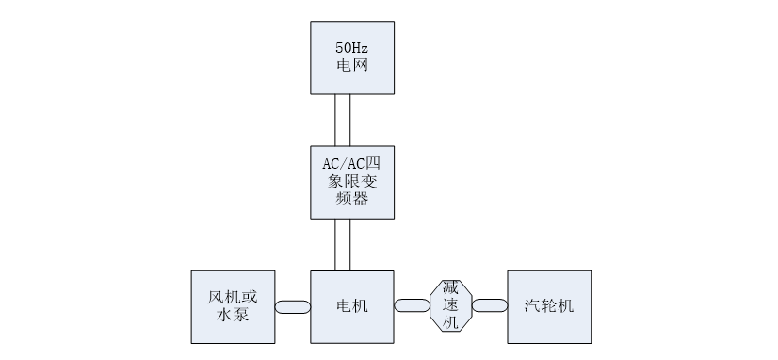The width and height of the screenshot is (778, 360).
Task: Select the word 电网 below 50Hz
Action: (351, 67)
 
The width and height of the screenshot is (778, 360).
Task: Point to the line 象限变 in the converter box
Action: (352, 181)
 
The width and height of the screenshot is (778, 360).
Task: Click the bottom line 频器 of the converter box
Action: (352, 199)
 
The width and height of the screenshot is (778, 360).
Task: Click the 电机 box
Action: (352, 306)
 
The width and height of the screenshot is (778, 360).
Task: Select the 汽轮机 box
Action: (549, 306)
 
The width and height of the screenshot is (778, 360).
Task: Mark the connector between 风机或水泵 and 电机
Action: (292, 306)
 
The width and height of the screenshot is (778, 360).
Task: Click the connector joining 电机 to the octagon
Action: (413, 305)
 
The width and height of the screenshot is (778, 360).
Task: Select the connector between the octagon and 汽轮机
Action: (490, 305)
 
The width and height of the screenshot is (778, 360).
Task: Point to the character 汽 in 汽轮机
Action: (532, 306)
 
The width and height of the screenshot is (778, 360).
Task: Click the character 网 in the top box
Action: (360, 67)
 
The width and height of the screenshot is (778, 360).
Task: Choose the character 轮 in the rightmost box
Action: (549, 306)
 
